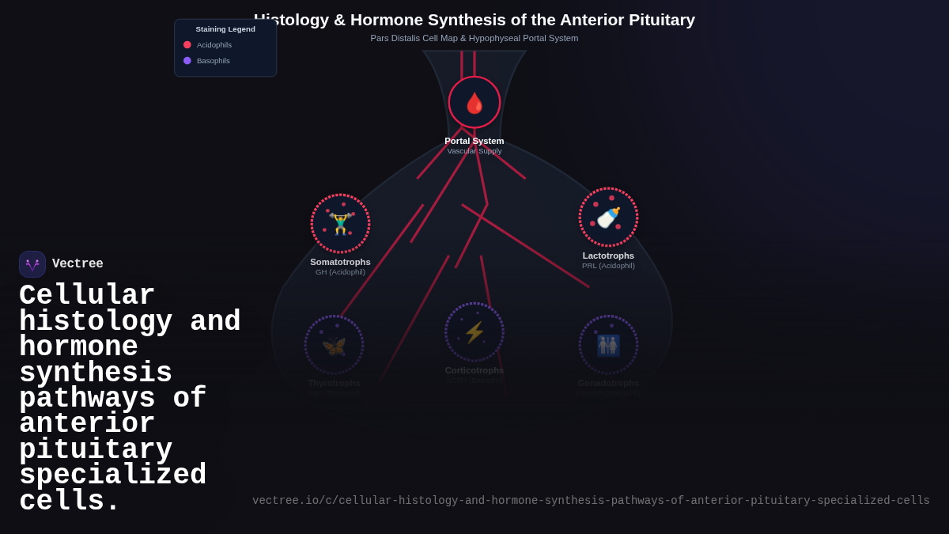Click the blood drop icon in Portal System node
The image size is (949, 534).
[x=475, y=103]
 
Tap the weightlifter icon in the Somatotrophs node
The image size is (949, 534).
[x=340, y=224]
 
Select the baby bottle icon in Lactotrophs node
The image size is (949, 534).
[x=608, y=218]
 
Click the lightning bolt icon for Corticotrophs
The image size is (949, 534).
[x=475, y=332]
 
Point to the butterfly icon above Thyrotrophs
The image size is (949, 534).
[x=334, y=346]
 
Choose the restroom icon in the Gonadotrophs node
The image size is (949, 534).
[x=608, y=345]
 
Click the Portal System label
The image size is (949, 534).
[x=475, y=141]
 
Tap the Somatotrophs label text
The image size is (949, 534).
[x=340, y=262]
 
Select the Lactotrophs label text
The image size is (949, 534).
[x=608, y=256]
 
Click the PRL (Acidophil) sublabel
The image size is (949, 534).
[x=608, y=266]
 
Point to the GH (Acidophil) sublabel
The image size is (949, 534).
[x=340, y=272]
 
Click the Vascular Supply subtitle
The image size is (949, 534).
[x=475, y=151]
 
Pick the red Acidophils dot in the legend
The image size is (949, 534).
[x=187, y=45]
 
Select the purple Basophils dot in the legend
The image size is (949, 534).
[x=187, y=61]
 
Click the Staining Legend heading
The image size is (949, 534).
[x=225, y=29]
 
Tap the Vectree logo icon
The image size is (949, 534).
[x=32, y=264]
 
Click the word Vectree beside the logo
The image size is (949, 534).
[x=78, y=264]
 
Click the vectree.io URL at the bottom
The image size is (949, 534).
[x=591, y=501]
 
